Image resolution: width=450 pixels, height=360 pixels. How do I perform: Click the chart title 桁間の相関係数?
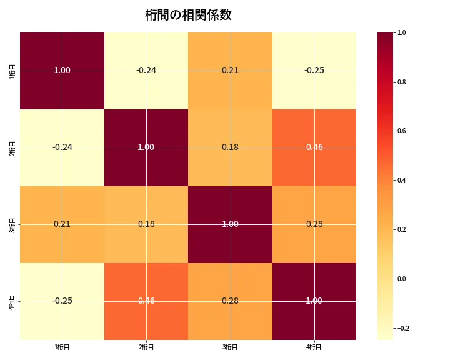point(188,15)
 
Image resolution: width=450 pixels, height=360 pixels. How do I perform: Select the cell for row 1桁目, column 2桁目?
point(146,70)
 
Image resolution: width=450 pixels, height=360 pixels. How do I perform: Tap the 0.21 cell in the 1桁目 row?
point(230,70)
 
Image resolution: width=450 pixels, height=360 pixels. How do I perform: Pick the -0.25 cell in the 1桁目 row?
point(314,70)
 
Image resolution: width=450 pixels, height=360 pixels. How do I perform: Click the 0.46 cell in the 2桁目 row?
point(314,147)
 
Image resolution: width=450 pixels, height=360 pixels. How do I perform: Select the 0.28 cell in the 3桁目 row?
point(314,224)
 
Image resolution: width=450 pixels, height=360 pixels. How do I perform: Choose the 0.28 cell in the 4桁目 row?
point(230,301)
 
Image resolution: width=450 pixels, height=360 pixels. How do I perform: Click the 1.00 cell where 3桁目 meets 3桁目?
point(230,224)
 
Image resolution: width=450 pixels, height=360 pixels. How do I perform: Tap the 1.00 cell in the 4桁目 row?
point(314,301)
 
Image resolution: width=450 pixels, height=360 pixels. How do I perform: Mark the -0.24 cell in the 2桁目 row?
point(62,147)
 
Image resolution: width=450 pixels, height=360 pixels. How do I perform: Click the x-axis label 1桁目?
point(62,347)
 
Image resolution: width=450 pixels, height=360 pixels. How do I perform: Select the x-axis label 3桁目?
point(230,347)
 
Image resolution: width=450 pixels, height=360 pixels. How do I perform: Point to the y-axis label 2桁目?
point(12,147)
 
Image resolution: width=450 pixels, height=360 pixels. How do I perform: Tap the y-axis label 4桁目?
point(12,301)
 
